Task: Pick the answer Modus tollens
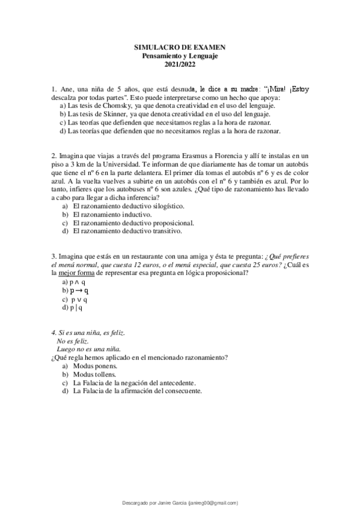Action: [94, 374]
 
